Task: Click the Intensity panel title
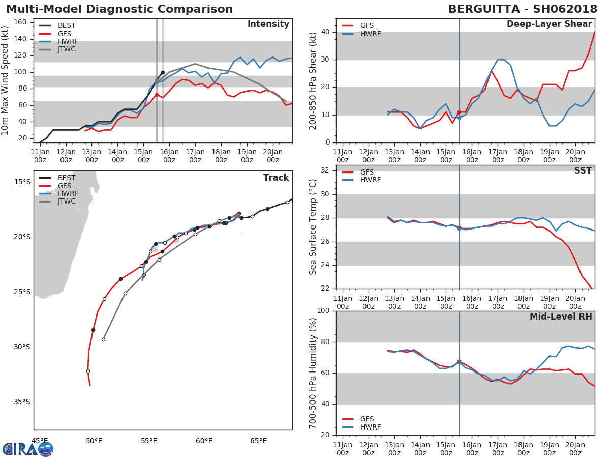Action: pyautogui.click(x=268, y=24)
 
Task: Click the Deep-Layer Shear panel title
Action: pyautogui.click(x=549, y=24)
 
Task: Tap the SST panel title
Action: pyautogui.click(x=583, y=170)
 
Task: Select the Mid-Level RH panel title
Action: pyautogui.click(x=561, y=317)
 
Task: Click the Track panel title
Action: pyautogui.click(x=276, y=178)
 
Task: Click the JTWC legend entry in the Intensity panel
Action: pyautogui.click(x=57, y=49)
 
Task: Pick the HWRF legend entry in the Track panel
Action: pyautogui.click(x=58, y=193)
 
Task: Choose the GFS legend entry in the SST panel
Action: pyautogui.click(x=358, y=172)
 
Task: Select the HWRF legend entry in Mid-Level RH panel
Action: pyautogui.click(x=361, y=427)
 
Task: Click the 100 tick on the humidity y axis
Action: pyautogui.click(x=323, y=310)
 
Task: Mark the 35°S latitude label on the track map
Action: pyautogui.click(x=22, y=402)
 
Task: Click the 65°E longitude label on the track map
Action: pyautogui.click(x=258, y=441)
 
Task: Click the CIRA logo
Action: pyautogui.click(x=28, y=449)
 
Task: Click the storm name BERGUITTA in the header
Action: pyautogui.click(x=484, y=9)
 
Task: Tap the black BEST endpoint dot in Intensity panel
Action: pyautogui.click(x=163, y=73)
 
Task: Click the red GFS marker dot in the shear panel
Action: pyautogui.click(x=459, y=112)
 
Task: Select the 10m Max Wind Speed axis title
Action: pyautogui.click(x=5, y=80)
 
